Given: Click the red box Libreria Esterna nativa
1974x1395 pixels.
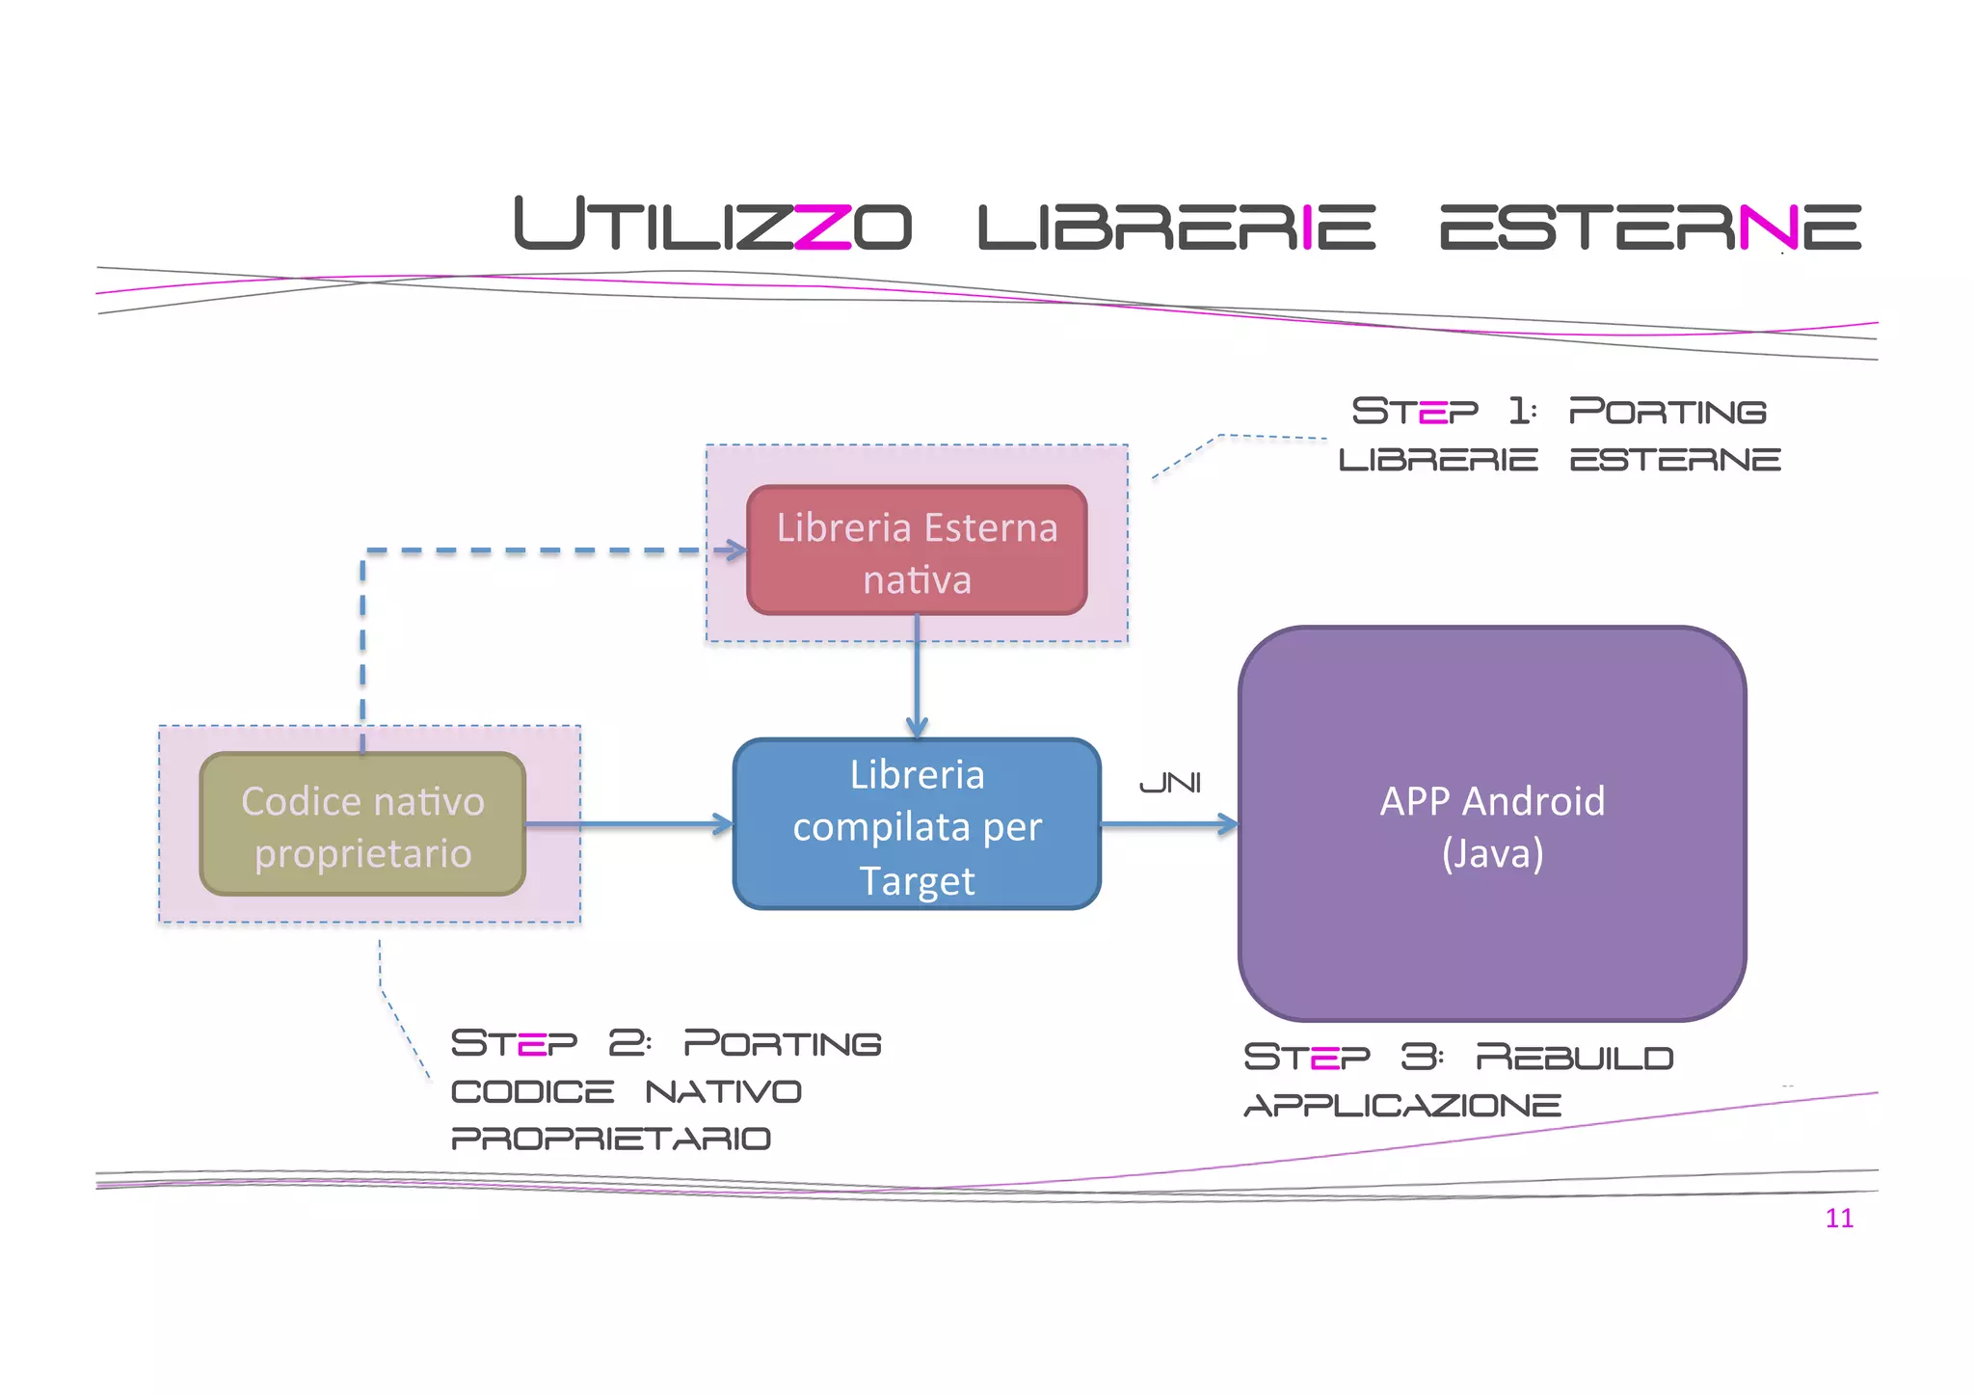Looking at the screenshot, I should (917, 550).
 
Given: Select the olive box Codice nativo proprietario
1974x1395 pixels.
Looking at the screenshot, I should (362, 825).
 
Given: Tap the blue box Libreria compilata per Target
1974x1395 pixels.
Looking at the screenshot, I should (917, 825).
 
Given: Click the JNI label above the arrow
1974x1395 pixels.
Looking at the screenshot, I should (1170, 783).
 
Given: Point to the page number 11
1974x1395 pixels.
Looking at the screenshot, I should (1839, 1219).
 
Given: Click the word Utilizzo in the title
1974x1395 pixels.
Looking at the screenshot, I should (712, 225).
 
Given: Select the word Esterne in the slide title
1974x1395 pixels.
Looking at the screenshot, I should (1649, 227).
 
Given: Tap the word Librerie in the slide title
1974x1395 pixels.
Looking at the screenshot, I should (1176, 227).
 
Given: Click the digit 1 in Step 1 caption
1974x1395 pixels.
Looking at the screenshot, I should (1520, 411).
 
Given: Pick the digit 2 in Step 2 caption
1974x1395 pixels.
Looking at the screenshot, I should (627, 1043).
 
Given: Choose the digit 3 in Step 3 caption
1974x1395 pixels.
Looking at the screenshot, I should (1420, 1058).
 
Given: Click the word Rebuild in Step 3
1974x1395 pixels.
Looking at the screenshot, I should (1574, 1058).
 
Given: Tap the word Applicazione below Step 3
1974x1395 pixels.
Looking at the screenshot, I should (1402, 1105).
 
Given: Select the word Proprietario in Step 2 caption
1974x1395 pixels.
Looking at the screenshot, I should (611, 1139).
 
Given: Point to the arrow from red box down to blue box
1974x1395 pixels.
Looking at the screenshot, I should (917, 675).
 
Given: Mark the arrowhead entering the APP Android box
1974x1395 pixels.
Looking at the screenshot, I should (1228, 824).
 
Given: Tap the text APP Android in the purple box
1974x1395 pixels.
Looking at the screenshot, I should (1492, 801).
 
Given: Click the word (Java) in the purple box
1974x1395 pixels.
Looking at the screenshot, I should (1492, 853).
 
